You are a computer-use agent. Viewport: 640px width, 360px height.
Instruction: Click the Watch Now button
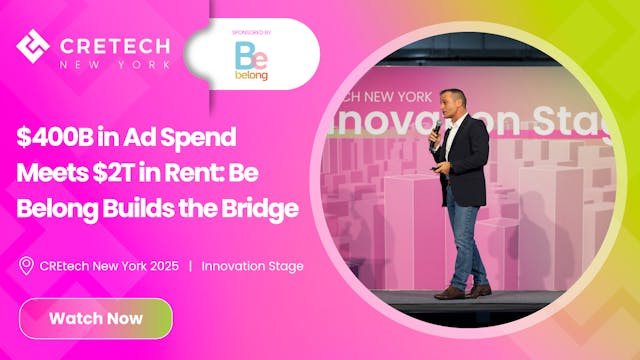coord(95,319)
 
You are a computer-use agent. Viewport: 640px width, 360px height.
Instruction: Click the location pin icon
coord(26,266)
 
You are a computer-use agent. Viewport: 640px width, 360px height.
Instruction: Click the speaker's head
coord(454,104)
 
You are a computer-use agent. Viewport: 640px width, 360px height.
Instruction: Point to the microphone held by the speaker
coord(436,129)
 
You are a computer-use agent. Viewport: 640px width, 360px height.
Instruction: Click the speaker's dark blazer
coord(466,160)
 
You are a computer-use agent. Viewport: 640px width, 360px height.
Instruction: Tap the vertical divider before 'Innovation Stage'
coord(190,266)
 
